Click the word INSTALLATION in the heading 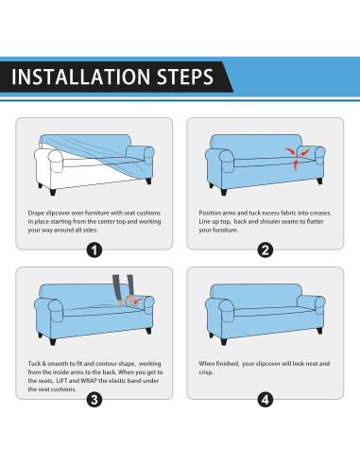click(80, 77)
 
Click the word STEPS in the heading click(185, 77)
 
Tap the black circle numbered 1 click(94, 250)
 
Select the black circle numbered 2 click(266, 250)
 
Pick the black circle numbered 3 click(94, 400)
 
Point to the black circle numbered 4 click(266, 400)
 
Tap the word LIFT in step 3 click(61, 381)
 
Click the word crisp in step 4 click(206, 372)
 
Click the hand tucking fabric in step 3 click(129, 300)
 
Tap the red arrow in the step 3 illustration click(138, 301)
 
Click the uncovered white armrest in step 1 click(49, 162)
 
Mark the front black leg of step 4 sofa click(224, 341)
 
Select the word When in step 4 click(207, 364)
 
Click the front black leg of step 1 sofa click(53, 192)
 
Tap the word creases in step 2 click(321, 213)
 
